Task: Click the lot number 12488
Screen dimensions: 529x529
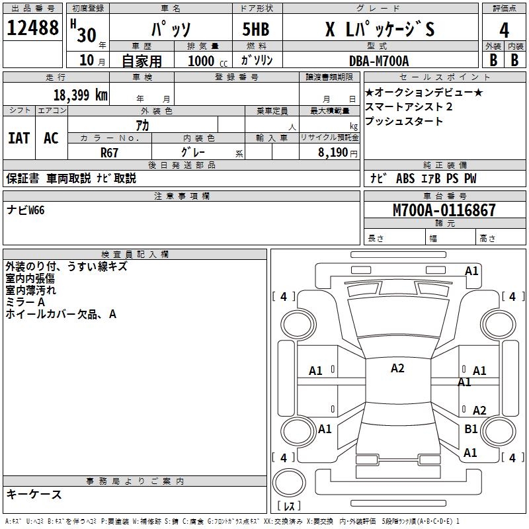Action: tap(32, 29)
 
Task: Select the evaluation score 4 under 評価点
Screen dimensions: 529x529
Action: tap(505, 30)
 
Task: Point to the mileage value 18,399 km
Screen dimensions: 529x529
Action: tap(80, 95)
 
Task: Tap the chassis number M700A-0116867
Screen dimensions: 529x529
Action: tap(444, 210)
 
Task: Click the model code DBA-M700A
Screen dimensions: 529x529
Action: tap(379, 61)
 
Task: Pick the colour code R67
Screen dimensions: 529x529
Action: tap(109, 152)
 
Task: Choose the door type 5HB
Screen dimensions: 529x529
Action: tap(257, 30)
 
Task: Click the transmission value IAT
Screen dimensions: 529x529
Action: tap(19, 138)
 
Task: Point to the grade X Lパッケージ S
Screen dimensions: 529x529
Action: tap(380, 30)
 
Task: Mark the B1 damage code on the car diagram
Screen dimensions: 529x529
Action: tap(471, 429)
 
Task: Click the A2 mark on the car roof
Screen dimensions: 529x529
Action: tap(397, 368)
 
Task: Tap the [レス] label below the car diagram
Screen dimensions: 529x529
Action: tap(290, 506)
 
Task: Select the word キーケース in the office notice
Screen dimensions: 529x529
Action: tap(34, 495)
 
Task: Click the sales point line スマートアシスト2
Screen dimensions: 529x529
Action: tap(408, 106)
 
